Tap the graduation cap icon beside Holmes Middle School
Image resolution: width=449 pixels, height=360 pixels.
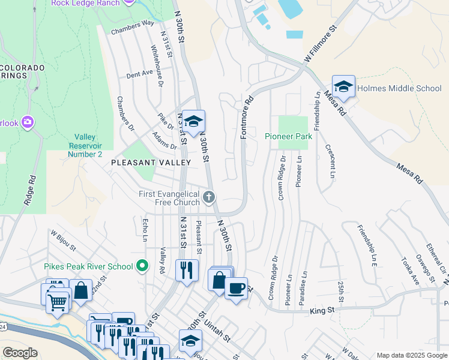point(343,87)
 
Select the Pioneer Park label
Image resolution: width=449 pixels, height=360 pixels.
point(289,136)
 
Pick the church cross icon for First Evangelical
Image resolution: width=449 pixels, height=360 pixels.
point(209,197)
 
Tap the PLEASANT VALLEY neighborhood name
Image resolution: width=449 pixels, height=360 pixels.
point(151,163)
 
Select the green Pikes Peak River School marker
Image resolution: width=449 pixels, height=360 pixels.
point(142,265)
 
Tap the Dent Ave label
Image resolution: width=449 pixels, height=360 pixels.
point(139,74)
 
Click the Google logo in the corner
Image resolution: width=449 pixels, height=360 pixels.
point(20,353)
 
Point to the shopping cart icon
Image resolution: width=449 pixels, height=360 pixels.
point(57,303)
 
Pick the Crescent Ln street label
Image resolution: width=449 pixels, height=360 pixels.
point(330,161)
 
